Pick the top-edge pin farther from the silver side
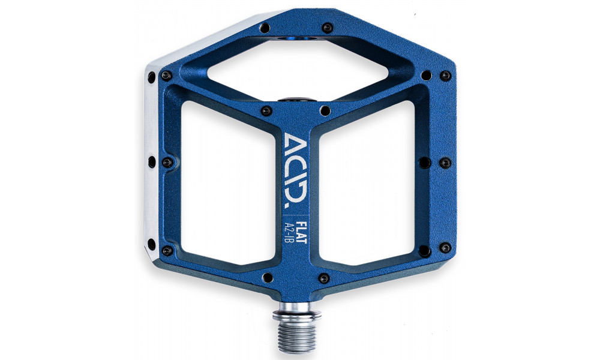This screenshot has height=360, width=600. (327, 28)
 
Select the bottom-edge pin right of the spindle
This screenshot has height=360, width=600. (324, 278)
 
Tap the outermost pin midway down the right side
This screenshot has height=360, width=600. (445, 163)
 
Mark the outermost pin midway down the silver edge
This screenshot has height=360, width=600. (151, 161)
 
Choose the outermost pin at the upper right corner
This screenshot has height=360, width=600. (445, 76)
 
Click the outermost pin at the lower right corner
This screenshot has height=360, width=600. (445, 247)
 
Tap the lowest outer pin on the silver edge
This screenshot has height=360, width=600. (151, 244)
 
